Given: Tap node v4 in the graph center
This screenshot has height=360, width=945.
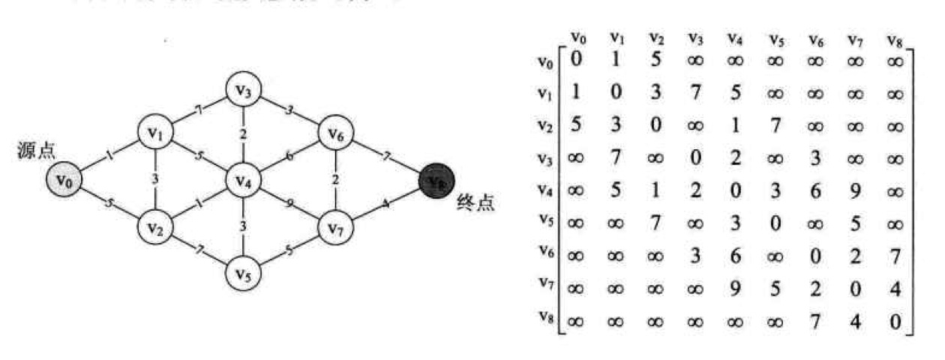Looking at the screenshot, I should pyautogui.click(x=244, y=181).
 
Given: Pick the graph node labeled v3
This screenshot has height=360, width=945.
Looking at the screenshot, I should pyautogui.click(x=244, y=91).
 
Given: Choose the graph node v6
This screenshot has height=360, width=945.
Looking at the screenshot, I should pyautogui.click(x=335, y=135).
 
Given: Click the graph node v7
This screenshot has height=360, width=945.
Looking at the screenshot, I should pyautogui.click(x=335, y=226).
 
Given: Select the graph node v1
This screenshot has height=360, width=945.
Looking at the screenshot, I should pyautogui.click(x=155, y=135).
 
